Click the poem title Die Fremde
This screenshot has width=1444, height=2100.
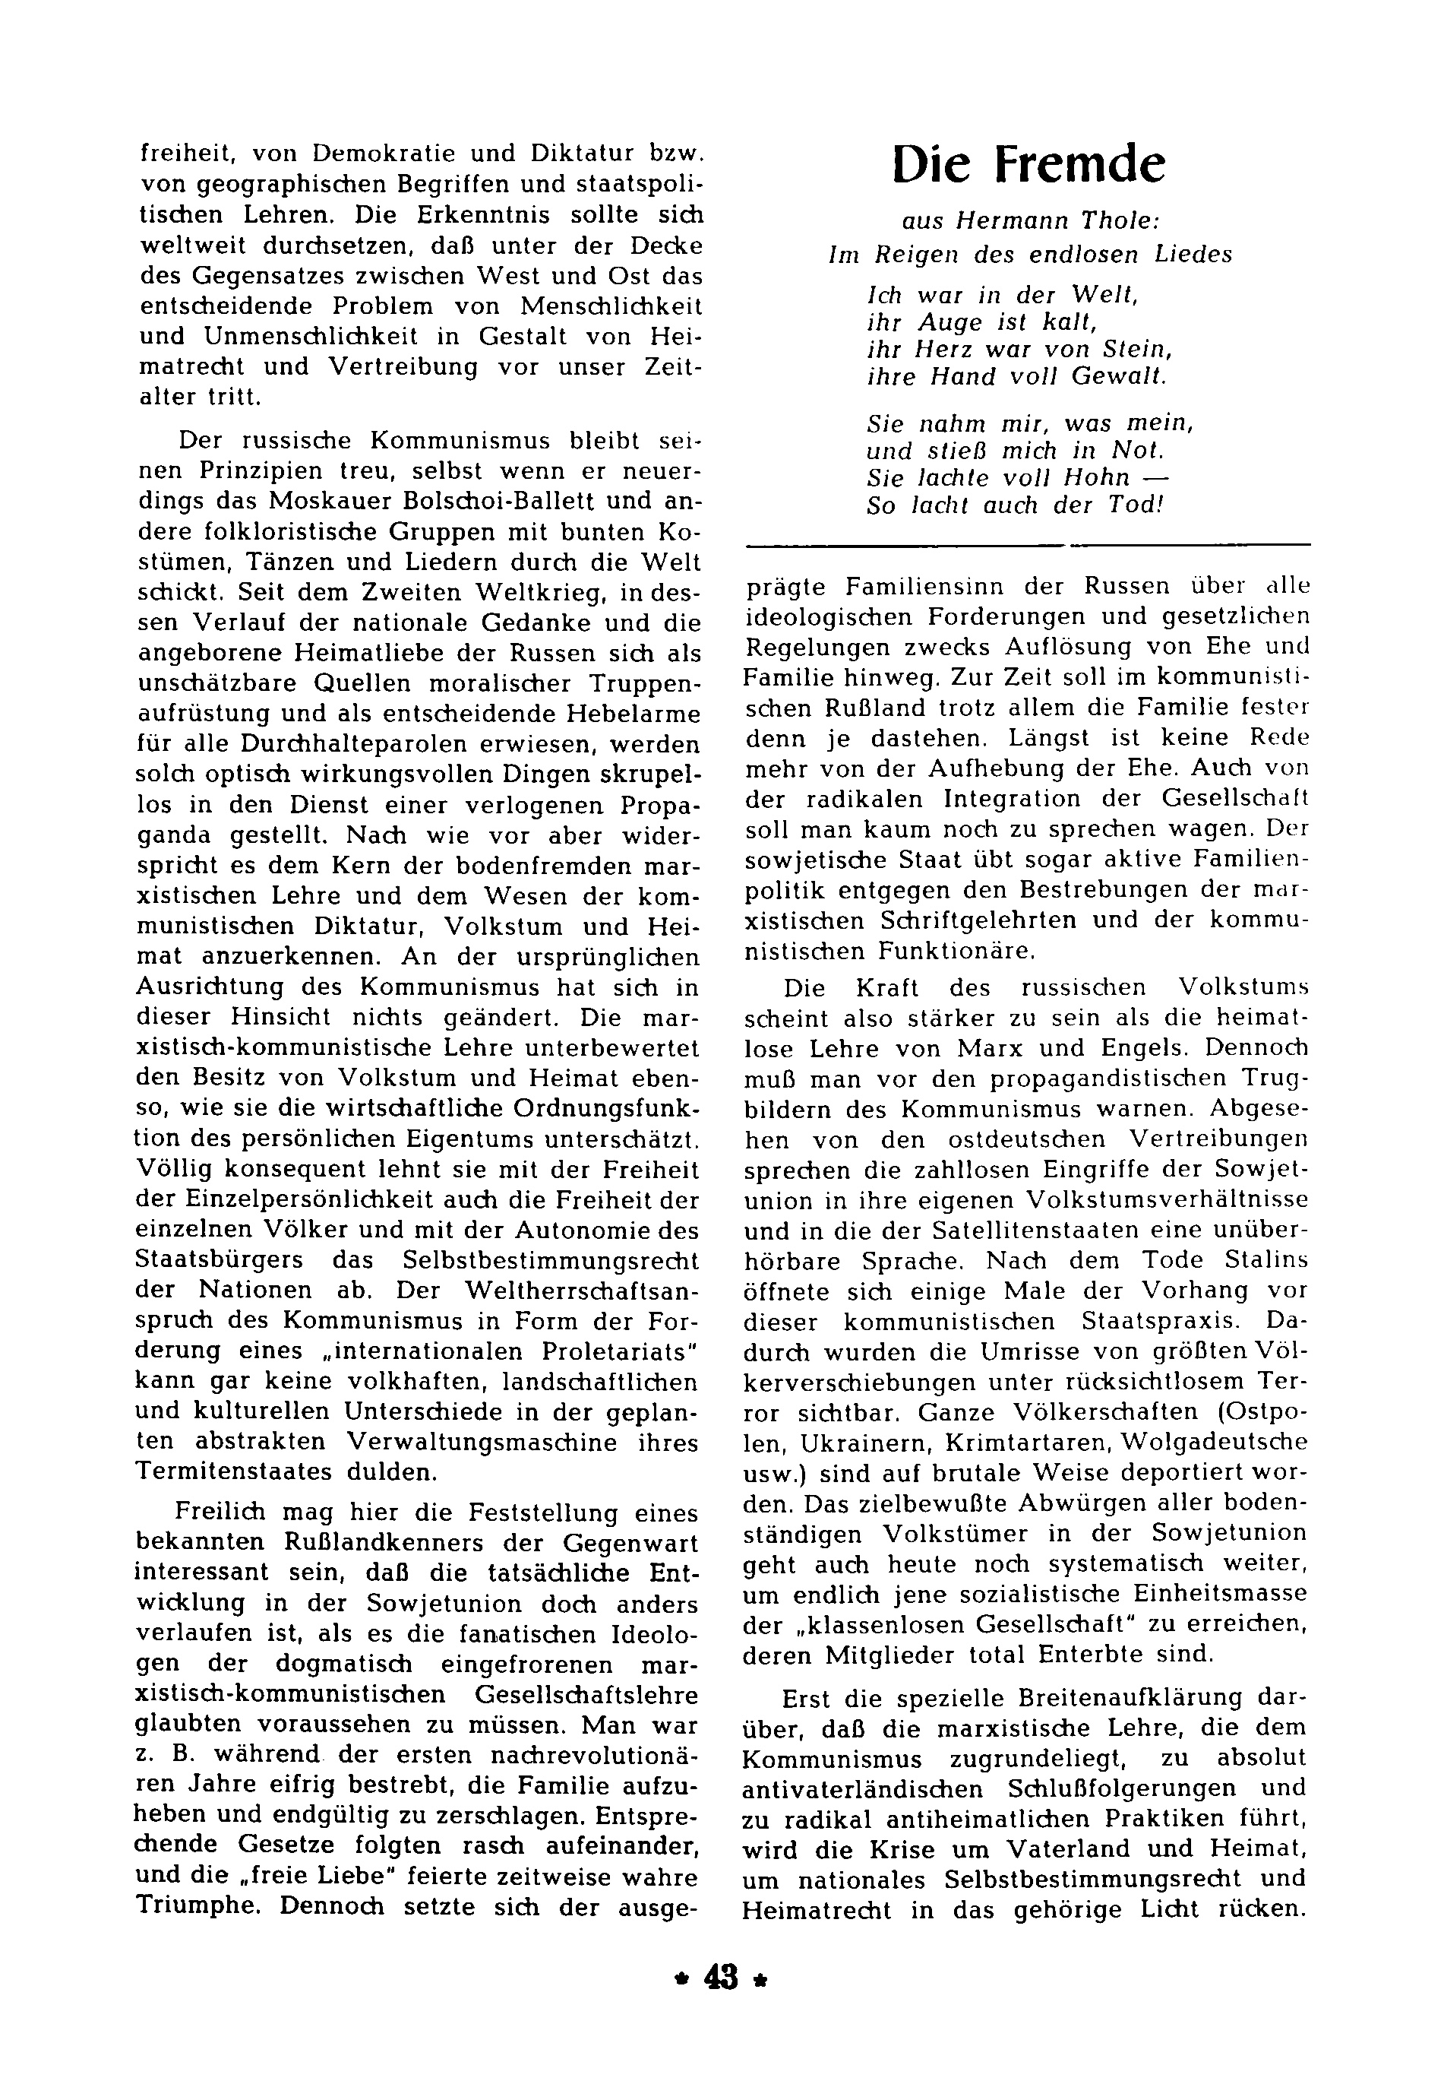[x=1028, y=165]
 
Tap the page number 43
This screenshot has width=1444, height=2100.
[x=719, y=2005]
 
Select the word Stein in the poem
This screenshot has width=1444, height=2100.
[x=1145, y=350]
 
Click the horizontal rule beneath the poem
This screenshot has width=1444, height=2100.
[x=1027, y=545]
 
